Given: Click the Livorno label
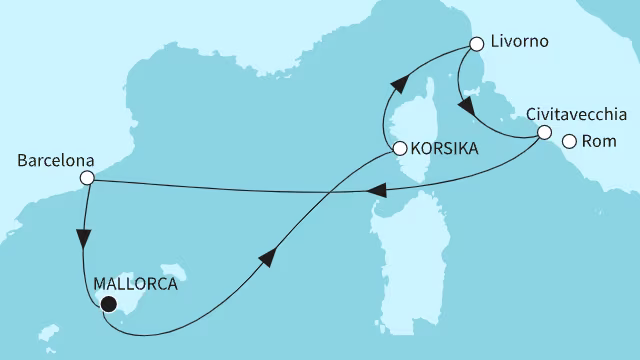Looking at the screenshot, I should pyautogui.click(x=521, y=43).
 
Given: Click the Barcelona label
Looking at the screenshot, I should pyautogui.click(x=56, y=159).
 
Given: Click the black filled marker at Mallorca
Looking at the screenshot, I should pyautogui.click(x=108, y=305).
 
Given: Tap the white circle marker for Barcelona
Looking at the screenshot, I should pyautogui.click(x=87, y=179).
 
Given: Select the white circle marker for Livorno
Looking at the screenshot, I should pyautogui.click(x=476, y=45).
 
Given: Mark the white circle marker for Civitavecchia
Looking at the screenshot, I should pyautogui.click(x=544, y=132).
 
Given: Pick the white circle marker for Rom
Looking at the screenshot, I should pyautogui.click(x=569, y=141).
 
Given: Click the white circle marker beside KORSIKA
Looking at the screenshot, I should pyautogui.click(x=399, y=149).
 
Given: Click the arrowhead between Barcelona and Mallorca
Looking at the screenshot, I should pyautogui.click(x=82, y=241).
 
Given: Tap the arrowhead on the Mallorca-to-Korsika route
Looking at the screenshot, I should pyautogui.click(x=267, y=258).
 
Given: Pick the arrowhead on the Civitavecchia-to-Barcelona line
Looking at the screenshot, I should pyautogui.click(x=377, y=191).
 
